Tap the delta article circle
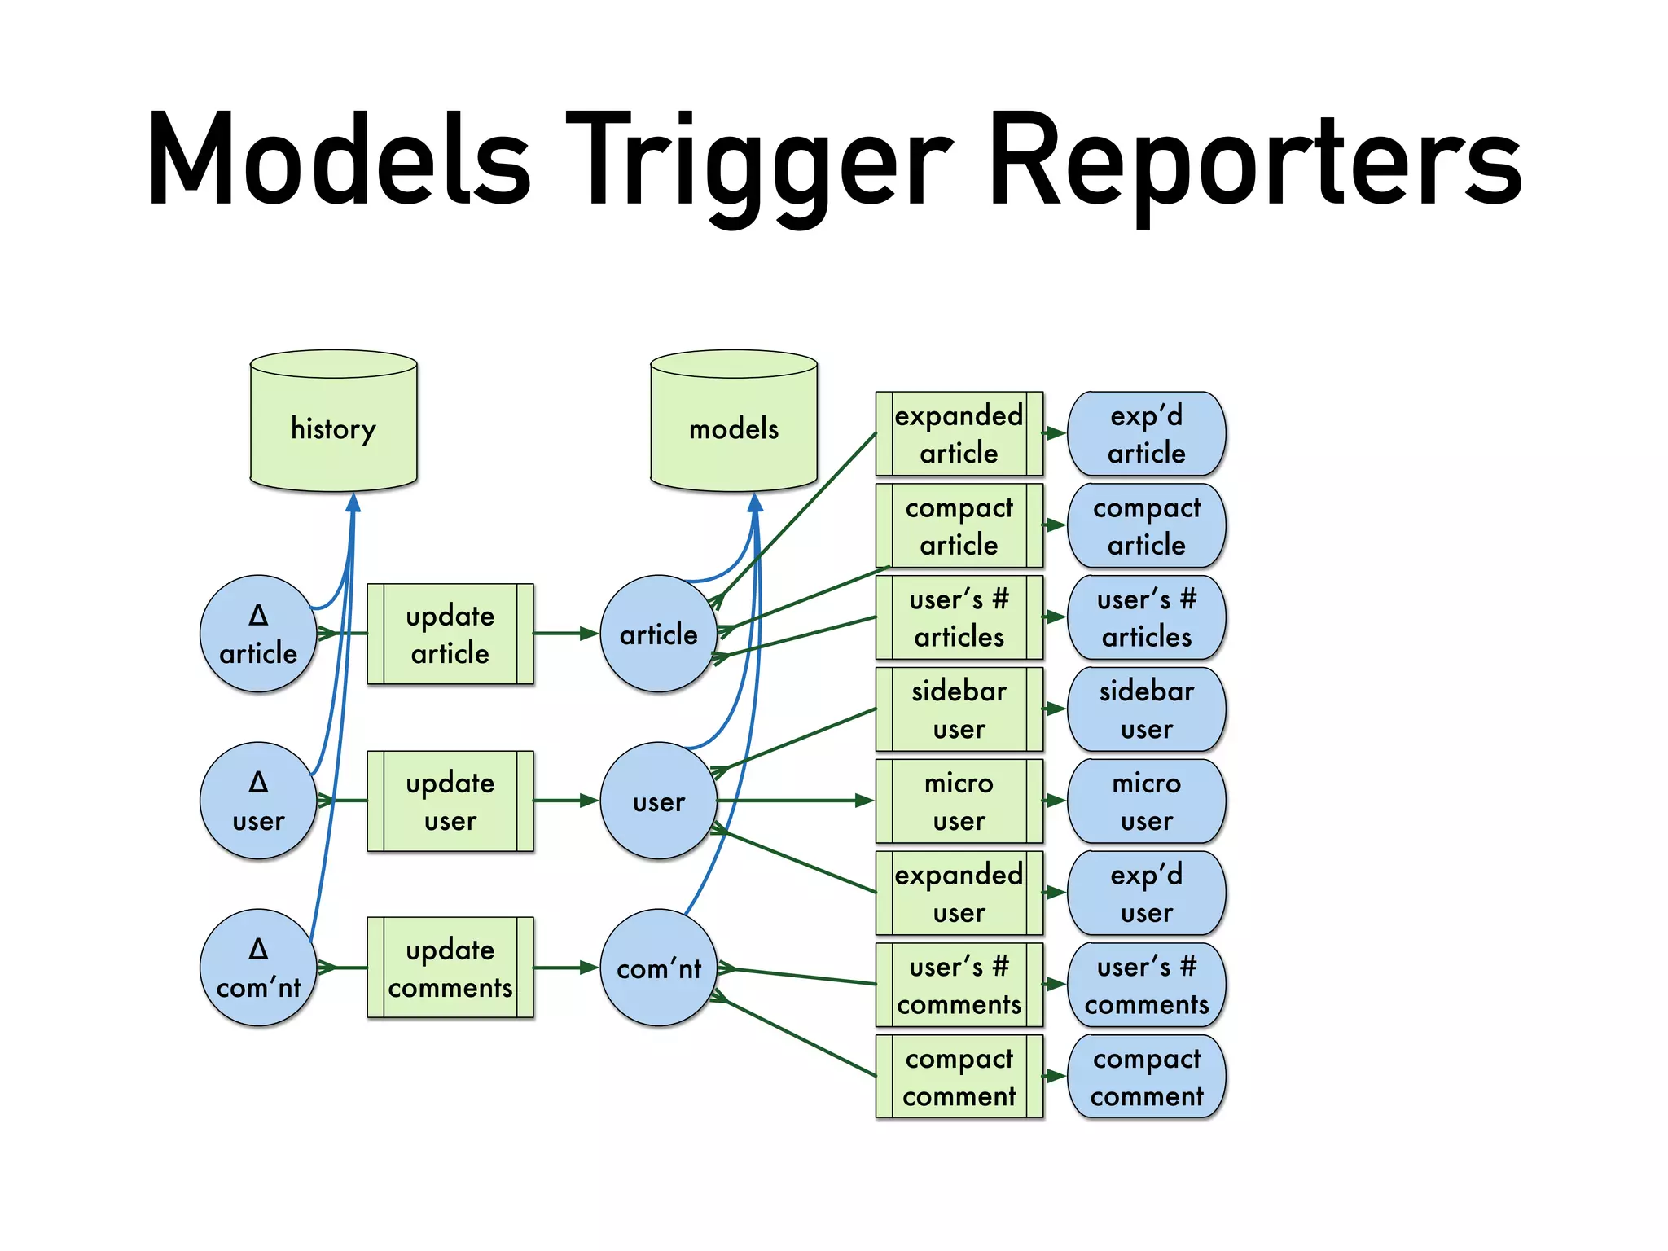coord(258,634)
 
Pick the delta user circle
coord(258,801)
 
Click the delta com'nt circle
coord(258,968)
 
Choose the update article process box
coord(450,634)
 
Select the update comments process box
coord(450,968)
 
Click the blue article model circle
coord(658,634)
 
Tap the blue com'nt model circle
coord(658,968)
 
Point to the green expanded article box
coord(959,433)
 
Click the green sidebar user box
coord(959,709)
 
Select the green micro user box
coord(959,801)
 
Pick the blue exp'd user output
coord(1146,893)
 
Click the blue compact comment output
coord(1146,1077)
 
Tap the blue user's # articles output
coord(1146,617)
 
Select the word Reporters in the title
coord(1254,159)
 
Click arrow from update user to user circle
coord(566,801)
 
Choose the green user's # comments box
coord(959,985)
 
